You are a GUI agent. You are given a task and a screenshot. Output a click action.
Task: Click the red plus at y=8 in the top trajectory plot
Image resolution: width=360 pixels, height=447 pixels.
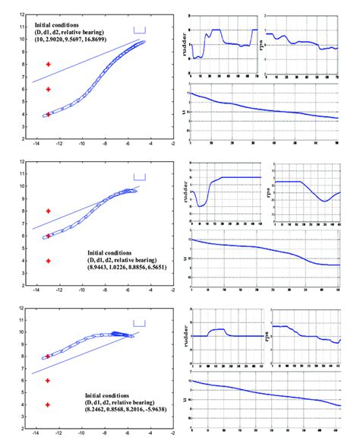48,65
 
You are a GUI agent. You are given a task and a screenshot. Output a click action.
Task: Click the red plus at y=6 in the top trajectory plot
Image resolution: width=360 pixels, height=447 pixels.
48,90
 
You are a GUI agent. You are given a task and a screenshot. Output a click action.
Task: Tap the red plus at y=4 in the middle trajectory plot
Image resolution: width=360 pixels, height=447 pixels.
48,260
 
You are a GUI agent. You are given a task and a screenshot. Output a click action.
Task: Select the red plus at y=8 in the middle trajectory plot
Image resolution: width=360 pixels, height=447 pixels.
48,211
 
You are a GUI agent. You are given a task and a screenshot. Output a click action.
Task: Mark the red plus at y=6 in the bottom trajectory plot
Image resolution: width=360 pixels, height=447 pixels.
48,380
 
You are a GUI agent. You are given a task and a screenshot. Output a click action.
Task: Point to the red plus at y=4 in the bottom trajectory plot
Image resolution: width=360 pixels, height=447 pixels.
48,404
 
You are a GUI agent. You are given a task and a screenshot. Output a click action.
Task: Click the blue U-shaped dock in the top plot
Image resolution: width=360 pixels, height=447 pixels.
138,30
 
